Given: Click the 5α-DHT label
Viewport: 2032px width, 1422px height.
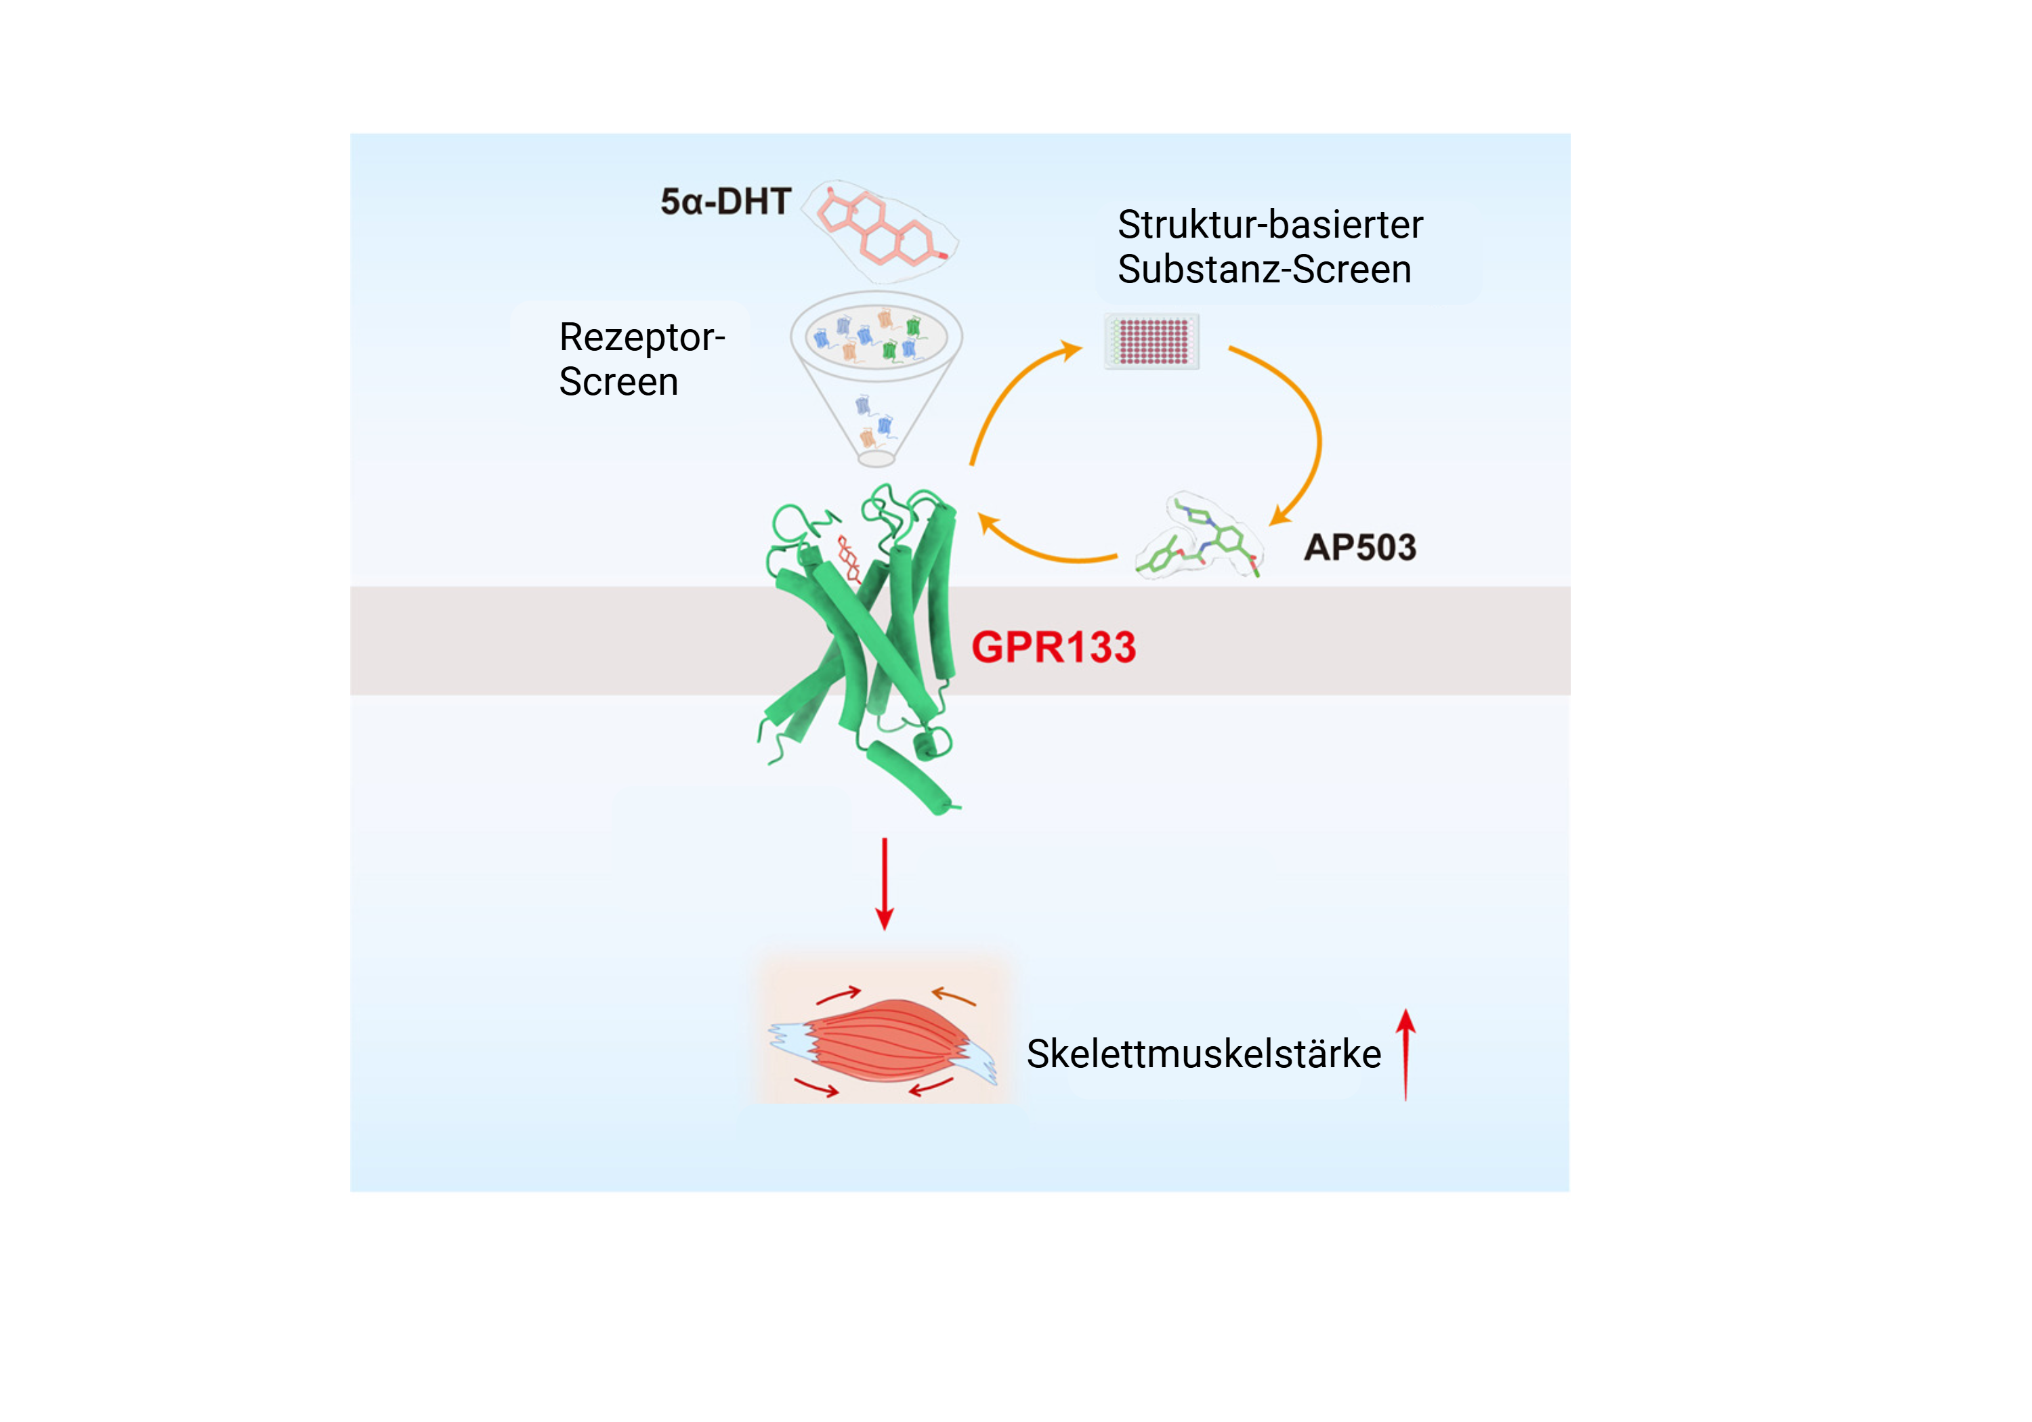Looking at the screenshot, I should (x=725, y=202).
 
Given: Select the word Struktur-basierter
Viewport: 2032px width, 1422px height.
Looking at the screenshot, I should (x=1270, y=225).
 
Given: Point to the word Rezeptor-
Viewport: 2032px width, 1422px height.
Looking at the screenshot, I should (x=641, y=337).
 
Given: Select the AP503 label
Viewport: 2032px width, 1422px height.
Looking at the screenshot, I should (x=1359, y=548).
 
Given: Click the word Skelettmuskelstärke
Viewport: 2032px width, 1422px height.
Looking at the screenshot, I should (x=1204, y=1054).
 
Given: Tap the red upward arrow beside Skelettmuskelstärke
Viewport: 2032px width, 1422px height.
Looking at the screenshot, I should (x=1405, y=1053).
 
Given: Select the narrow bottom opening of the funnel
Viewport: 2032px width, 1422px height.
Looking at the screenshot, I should (x=876, y=458).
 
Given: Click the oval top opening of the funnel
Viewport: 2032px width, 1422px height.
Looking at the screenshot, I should (x=876, y=337).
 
